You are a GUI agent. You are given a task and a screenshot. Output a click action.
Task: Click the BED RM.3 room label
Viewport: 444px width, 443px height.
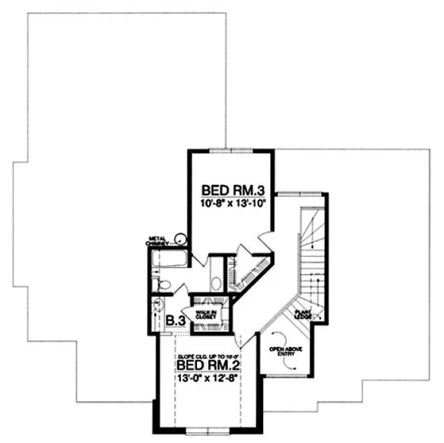(x=230, y=189)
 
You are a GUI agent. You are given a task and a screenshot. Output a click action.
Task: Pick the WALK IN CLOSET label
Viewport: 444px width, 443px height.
(x=204, y=315)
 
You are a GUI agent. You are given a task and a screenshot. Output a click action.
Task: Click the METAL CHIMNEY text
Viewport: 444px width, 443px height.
(x=158, y=240)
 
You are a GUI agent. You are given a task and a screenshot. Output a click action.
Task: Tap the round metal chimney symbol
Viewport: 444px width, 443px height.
(x=179, y=238)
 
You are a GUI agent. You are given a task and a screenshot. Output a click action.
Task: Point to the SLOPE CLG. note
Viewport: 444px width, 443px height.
(x=208, y=357)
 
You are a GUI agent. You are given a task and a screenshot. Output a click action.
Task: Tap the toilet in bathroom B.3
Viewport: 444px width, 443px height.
(x=162, y=286)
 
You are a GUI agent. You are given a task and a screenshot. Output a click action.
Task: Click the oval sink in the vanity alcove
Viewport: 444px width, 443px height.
(x=216, y=281)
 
